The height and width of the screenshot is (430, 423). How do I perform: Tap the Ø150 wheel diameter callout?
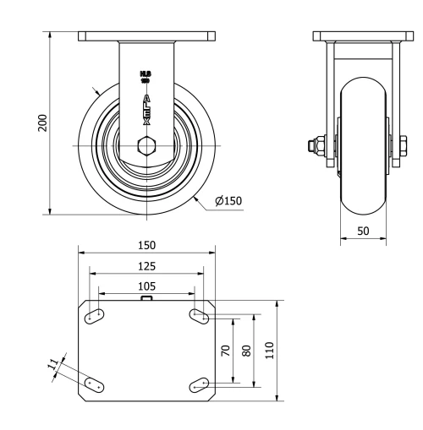coord(228,201)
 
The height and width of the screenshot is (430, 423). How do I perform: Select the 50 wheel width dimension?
coord(363,229)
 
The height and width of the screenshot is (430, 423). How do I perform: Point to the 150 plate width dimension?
coord(146,245)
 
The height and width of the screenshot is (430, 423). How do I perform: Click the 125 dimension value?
coord(146,266)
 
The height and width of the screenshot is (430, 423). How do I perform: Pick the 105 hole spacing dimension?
coord(146,286)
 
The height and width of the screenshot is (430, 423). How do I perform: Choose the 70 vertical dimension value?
coord(226,351)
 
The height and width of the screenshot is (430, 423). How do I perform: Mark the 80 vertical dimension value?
coord(246,351)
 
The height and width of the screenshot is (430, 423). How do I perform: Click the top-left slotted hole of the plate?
coord(94,316)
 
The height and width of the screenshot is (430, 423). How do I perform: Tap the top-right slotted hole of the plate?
coord(200,316)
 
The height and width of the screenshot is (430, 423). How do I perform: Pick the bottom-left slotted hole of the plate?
coord(94,384)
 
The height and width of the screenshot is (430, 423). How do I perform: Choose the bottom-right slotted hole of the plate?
coord(200,384)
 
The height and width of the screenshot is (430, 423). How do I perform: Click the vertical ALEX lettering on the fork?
coord(146,109)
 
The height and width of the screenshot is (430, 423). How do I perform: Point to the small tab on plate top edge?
coord(146,298)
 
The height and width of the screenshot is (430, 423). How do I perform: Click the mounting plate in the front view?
coord(146,37)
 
